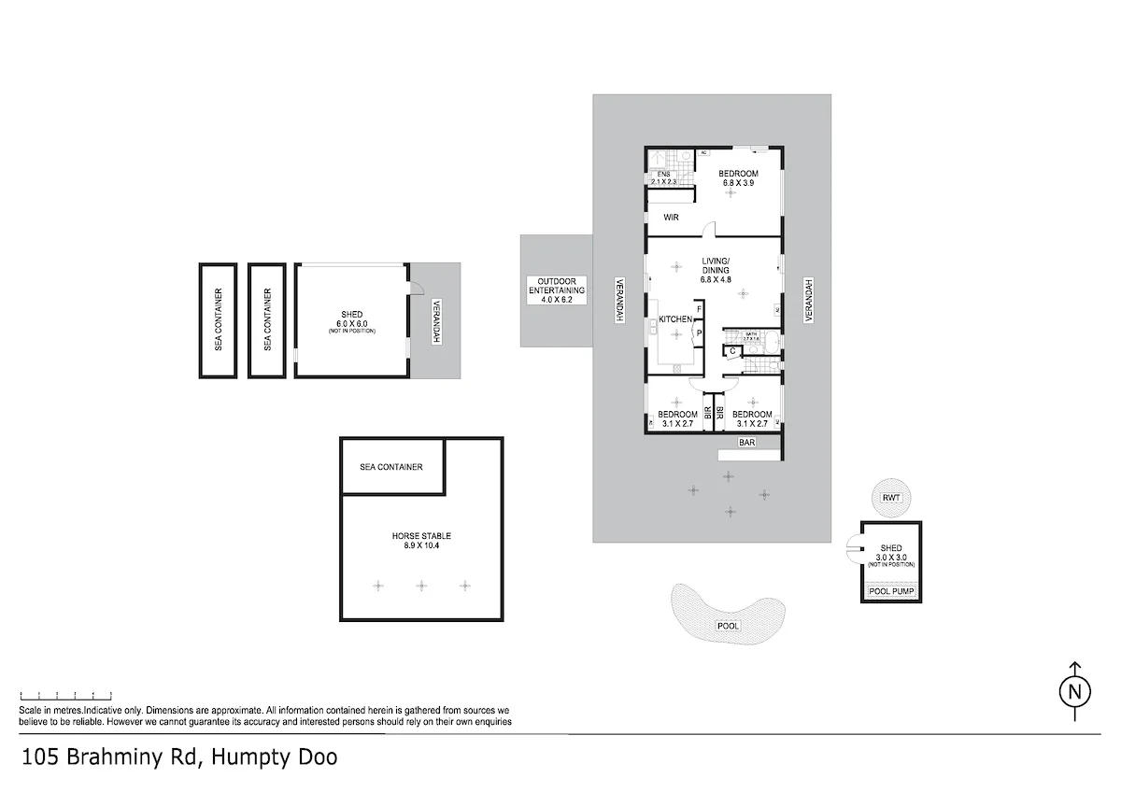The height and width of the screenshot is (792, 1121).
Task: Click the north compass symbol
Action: coord(1074,692)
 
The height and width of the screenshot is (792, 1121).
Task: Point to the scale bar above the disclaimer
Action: coord(66,696)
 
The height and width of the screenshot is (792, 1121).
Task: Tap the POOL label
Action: coord(727,626)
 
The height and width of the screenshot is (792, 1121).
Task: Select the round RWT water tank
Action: coord(891,498)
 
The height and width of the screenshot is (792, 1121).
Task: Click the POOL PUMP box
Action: coord(891,591)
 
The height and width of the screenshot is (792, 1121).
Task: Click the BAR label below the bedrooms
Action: coord(746,442)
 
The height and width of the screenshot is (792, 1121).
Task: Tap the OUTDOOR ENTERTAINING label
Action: coord(557,286)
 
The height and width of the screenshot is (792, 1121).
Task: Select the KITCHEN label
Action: coord(676,319)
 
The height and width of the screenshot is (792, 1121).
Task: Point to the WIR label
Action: coord(671,217)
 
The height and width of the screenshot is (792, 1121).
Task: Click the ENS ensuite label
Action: coord(664,175)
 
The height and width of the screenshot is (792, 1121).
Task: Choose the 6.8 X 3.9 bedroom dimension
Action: coord(738,183)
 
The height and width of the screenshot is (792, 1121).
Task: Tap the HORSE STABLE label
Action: coord(421,536)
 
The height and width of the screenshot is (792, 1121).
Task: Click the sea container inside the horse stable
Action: coord(391,467)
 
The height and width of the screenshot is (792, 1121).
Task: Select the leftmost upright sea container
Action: coord(218,320)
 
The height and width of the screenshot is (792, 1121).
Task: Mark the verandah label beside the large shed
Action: coord(435,320)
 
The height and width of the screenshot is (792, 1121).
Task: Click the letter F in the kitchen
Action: coord(698,310)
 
